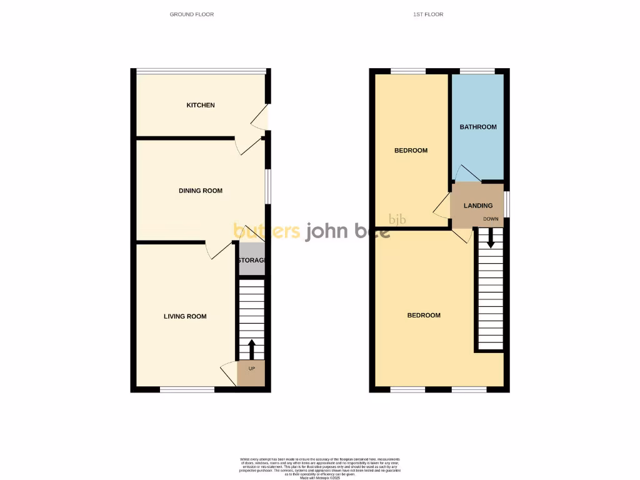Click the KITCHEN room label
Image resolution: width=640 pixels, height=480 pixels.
click(201, 105)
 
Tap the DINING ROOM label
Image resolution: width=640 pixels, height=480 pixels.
click(201, 191)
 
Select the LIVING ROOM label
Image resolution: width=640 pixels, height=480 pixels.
click(185, 316)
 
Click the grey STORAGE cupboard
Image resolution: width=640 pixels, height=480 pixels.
click(252, 260)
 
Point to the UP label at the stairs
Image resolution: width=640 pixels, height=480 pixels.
click(252, 369)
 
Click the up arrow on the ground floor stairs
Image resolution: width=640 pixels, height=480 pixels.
click(252, 349)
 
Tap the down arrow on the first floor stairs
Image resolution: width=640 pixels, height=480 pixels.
click(491, 237)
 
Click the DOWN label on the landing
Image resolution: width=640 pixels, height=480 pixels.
click(491, 219)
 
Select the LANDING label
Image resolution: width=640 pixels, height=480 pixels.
click(478, 206)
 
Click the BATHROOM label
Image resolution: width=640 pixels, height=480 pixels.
click(478, 127)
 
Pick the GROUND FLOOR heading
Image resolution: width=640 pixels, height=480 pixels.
click(192, 14)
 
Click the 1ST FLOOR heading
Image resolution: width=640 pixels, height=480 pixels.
click(428, 14)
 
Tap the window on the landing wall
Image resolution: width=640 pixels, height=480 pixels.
click(506, 204)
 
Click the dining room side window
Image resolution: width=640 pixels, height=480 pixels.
click(268, 186)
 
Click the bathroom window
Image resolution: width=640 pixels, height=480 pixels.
click(477, 71)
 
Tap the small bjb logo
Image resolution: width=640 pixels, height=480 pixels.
click(397, 219)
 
